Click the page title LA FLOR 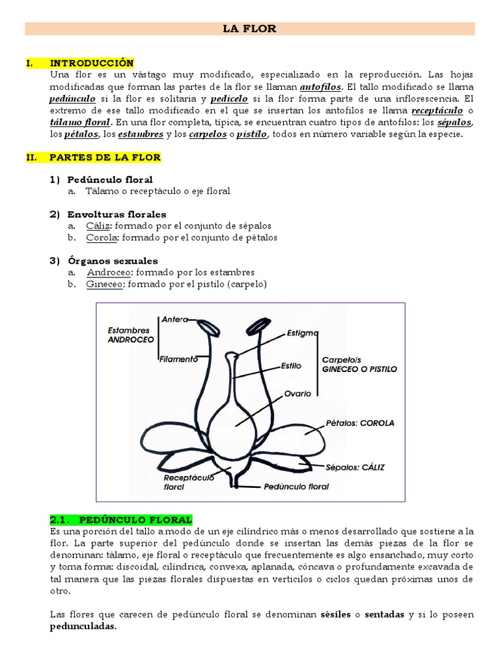pos(250,28)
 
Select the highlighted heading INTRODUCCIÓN pos(91,63)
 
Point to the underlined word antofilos pos(320,87)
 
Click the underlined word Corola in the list pos(102,238)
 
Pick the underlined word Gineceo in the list pos(104,285)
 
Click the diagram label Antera pos(174,319)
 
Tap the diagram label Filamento pos(178,359)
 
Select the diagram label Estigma pos(302,332)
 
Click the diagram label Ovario pos(297,393)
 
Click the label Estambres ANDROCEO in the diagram pos(130,335)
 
